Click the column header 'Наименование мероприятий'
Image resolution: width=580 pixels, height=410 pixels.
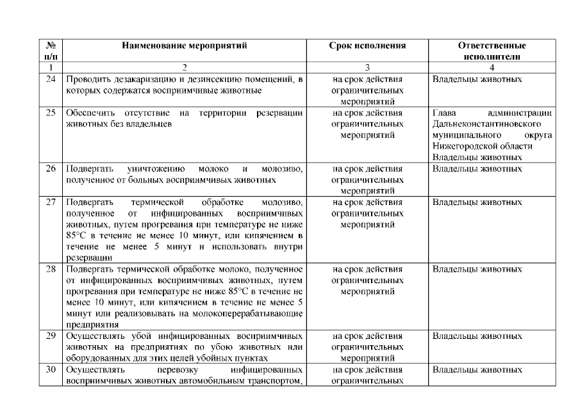(185, 46)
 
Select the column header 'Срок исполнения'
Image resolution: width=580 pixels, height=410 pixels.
(368, 46)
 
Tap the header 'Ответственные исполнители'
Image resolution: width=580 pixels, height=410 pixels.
(492, 51)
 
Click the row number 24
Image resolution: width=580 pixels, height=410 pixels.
(51, 79)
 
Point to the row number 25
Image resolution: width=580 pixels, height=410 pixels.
(51, 113)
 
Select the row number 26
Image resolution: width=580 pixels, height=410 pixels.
(51, 169)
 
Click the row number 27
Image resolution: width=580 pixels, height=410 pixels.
(51, 202)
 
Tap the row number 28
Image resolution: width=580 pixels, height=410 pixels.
(51, 269)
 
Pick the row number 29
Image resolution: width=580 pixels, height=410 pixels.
(51, 336)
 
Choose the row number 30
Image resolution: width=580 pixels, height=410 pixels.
(51, 370)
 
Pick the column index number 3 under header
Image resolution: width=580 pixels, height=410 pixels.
(368, 67)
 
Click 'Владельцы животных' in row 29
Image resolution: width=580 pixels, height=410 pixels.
(477, 336)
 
